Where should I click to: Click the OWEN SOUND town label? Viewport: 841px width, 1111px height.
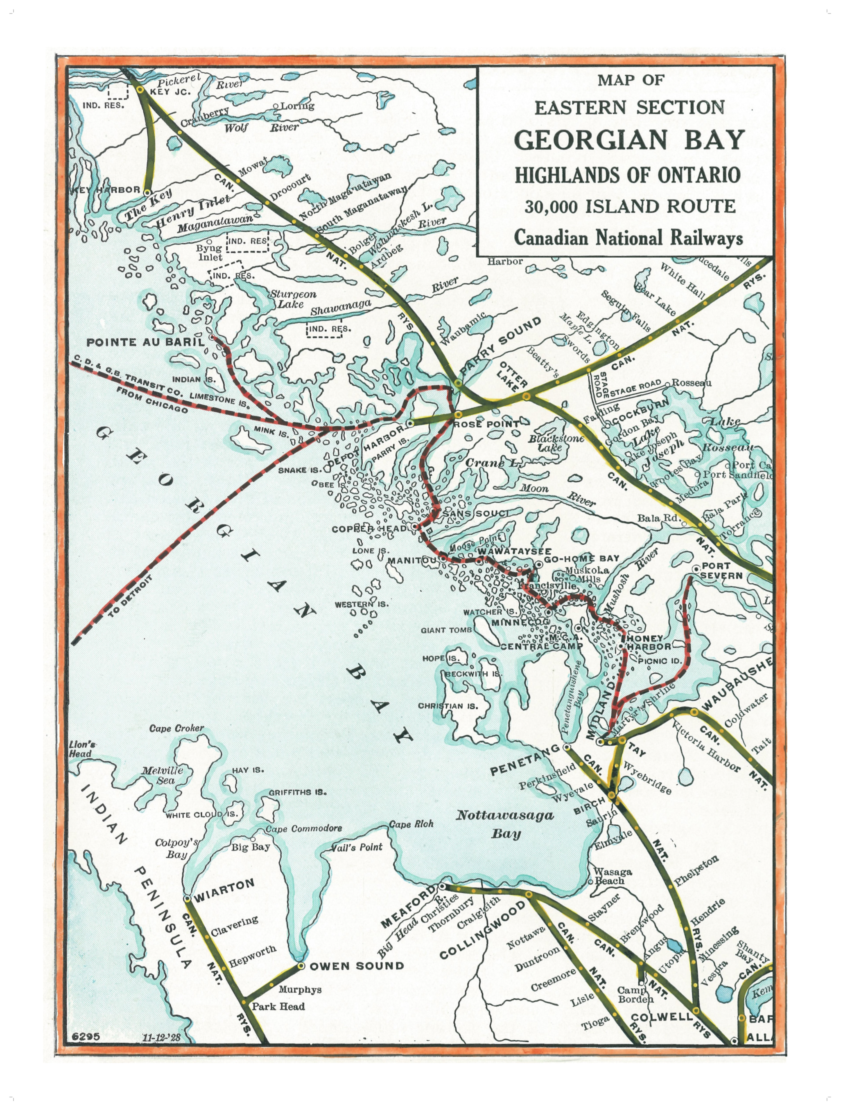pyautogui.click(x=356, y=966)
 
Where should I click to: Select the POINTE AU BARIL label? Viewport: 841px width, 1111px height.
pyautogui.click(x=146, y=342)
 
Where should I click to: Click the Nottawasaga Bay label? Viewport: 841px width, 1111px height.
pyautogui.click(x=505, y=824)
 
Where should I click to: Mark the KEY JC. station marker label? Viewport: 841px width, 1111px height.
pyautogui.click(x=170, y=92)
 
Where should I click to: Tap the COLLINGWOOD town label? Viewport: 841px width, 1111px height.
pyautogui.click(x=483, y=930)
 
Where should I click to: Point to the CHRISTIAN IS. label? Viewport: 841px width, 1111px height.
pyautogui.click(x=448, y=706)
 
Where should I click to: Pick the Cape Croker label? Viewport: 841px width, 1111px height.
pyautogui.click(x=176, y=728)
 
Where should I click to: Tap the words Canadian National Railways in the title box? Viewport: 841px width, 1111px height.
pyautogui.click(x=628, y=237)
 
